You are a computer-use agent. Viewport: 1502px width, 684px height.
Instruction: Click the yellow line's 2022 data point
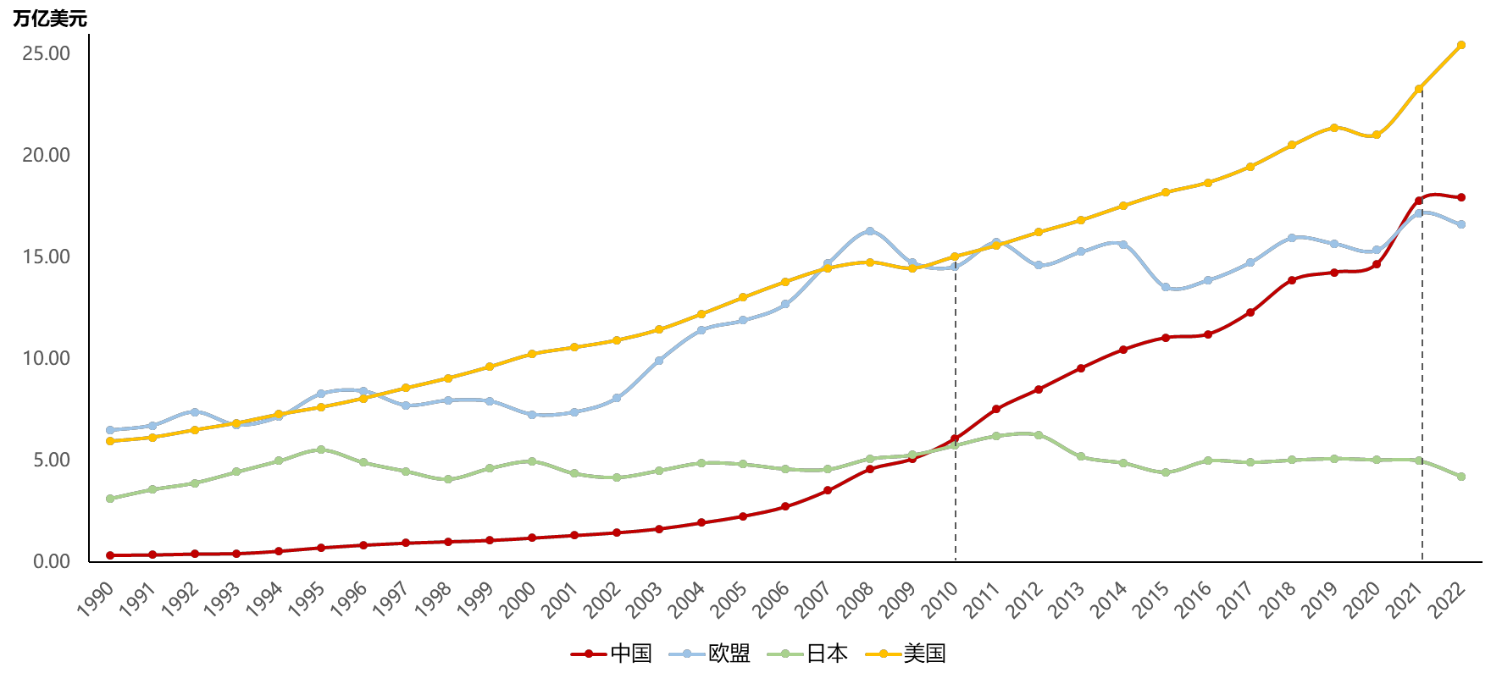coord(1460,45)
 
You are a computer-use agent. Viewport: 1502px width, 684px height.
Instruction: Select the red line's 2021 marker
coord(1418,201)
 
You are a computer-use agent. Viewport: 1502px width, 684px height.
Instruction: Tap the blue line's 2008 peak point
coord(870,231)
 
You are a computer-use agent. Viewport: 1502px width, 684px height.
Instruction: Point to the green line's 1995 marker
coord(321,450)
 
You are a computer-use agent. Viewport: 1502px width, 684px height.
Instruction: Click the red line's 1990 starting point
coord(110,555)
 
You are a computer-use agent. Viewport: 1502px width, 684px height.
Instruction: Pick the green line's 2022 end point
coord(1460,477)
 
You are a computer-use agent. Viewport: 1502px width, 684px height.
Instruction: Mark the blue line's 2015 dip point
coord(1166,287)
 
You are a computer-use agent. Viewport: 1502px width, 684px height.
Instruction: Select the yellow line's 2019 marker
coord(1334,128)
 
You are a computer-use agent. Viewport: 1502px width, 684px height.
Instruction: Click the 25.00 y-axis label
coord(47,53)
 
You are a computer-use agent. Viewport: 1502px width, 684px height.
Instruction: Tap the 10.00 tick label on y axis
coord(47,358)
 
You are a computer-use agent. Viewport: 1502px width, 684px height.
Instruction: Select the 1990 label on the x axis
coord(95,600)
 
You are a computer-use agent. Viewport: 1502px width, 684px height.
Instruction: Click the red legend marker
coord(589,654)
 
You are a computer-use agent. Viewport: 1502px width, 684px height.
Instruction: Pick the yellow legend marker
coord(884,654)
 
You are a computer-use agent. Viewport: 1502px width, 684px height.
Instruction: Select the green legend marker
coord(785,654)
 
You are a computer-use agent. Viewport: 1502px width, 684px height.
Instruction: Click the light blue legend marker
coord(687,654)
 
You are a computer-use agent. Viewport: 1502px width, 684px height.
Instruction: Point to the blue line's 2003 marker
coord(659,361)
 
